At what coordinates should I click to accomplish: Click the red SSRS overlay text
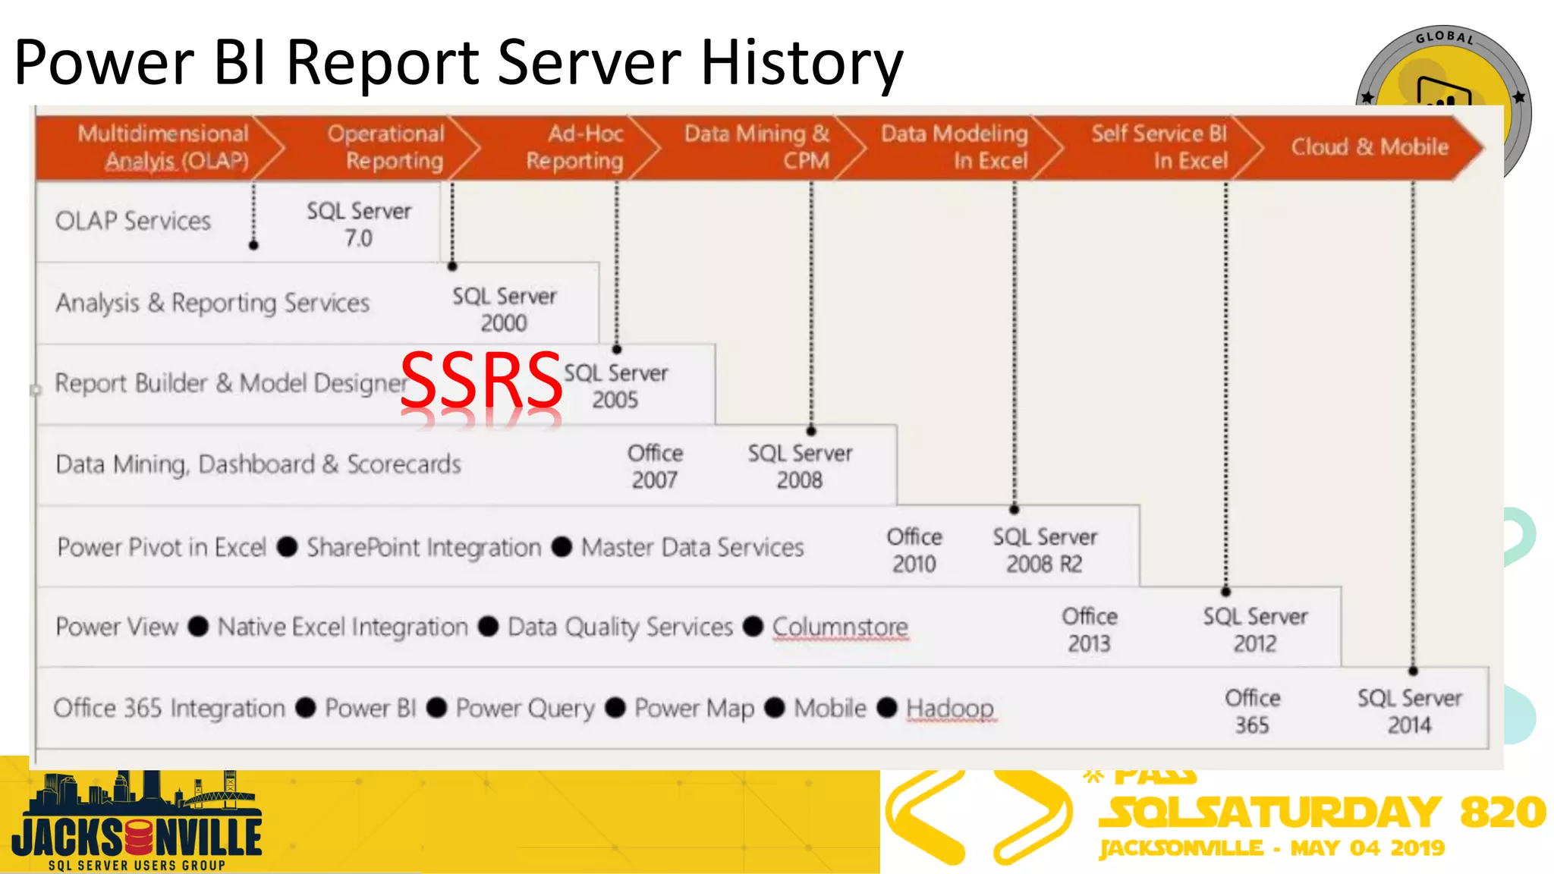coord(481,380)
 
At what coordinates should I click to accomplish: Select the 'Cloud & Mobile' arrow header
coord(1369,147)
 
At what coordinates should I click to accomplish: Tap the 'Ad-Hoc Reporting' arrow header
coord(575,147)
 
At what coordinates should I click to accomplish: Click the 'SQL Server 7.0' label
coord(359,224)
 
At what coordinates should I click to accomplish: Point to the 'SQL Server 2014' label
coord(1409,711)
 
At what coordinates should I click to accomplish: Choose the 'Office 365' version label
coord(1252,711)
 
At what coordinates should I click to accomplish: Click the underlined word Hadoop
coord(949,708)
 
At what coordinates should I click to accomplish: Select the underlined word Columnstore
coord(840,627)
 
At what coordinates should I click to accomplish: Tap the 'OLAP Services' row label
coord(133,221)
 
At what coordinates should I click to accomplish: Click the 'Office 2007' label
coord(655,466)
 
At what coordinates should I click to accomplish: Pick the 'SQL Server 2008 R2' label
coord(1044,550)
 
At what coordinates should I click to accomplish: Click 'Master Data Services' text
coord(692,547)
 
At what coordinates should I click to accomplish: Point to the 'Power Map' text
coord(694,708)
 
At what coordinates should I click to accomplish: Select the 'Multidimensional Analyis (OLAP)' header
coord(163,147)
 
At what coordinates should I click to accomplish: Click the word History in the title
coord(801,62)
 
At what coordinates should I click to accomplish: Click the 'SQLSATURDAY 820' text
coord(1320,812)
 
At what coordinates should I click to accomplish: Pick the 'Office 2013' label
coord(1089,630)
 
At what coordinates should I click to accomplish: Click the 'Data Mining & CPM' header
coord(757,147)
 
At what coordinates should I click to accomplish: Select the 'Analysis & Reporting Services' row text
coord(212,303)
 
